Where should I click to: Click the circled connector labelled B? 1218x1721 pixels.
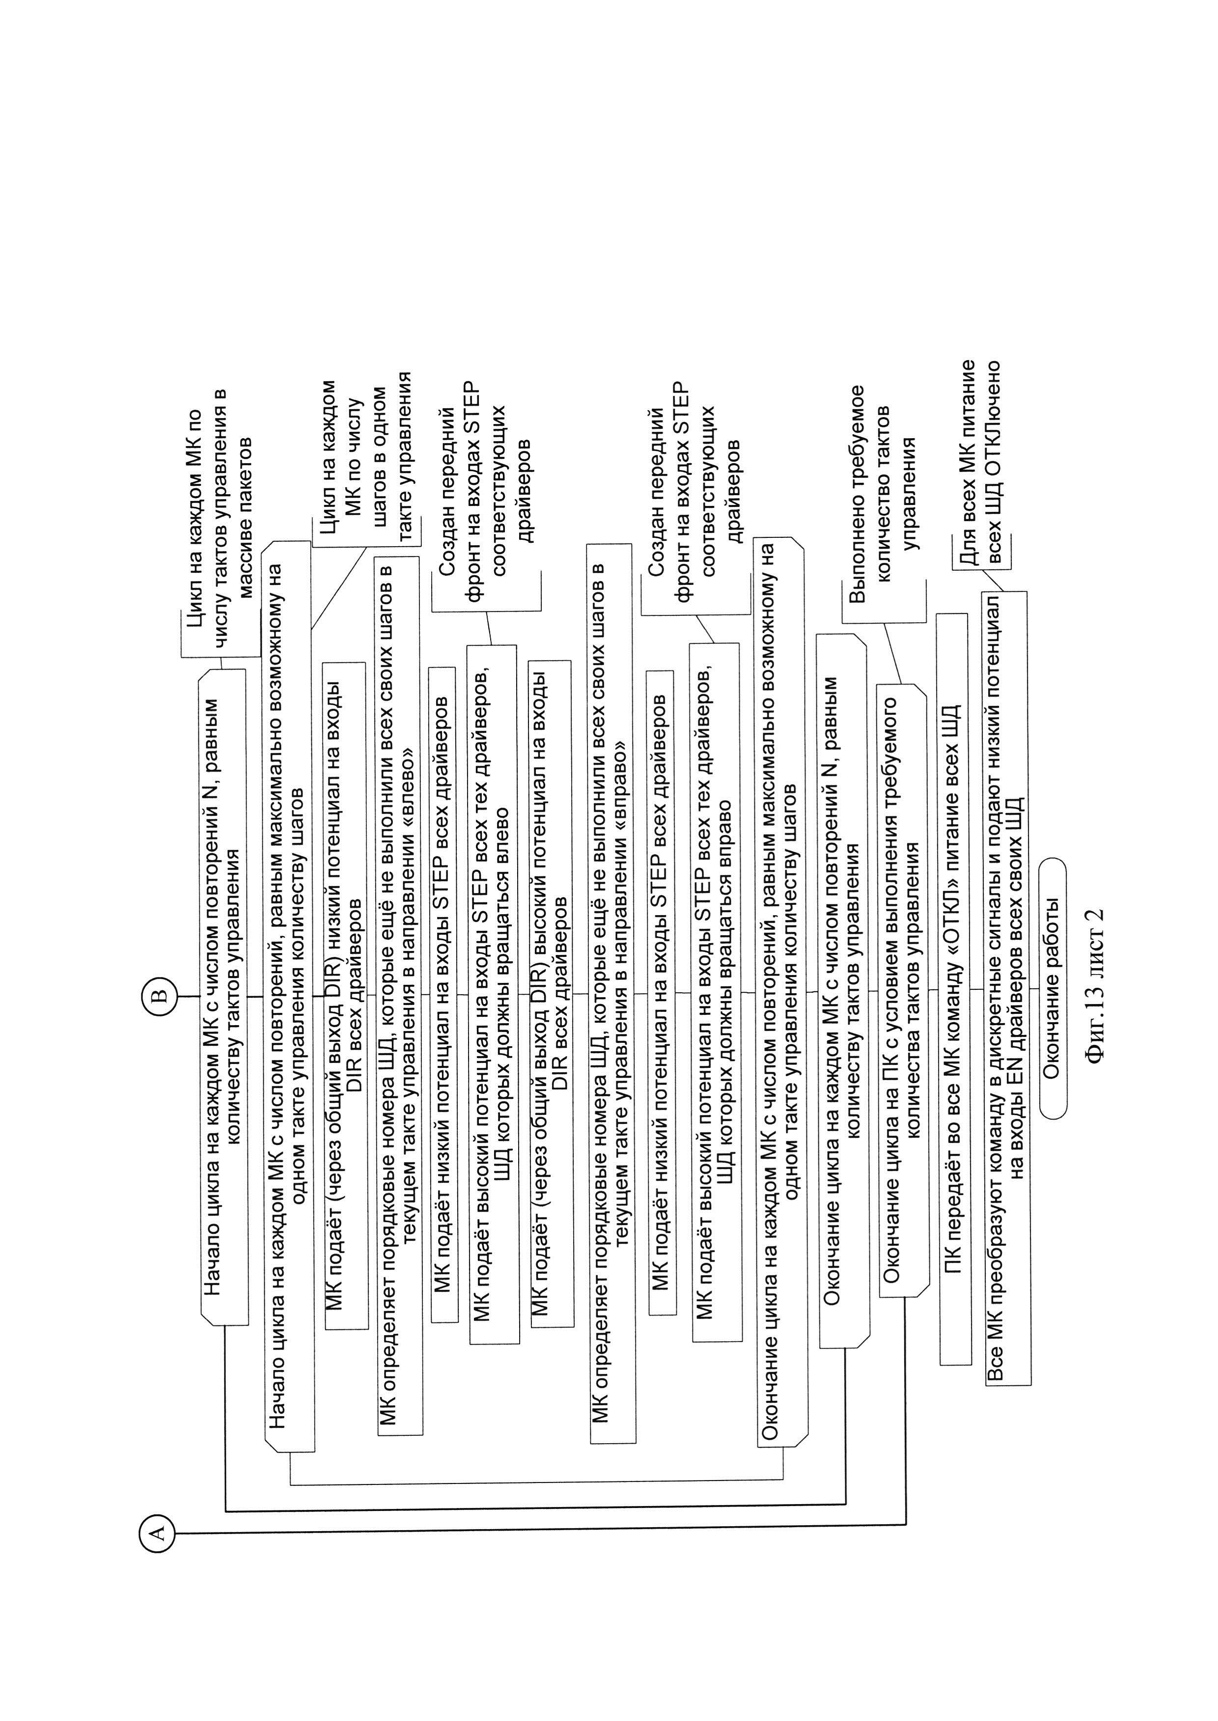tap(160, 995)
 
